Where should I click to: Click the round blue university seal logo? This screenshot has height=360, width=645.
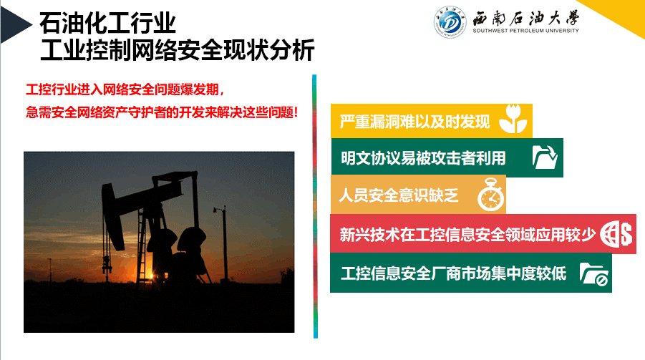click(450, 22)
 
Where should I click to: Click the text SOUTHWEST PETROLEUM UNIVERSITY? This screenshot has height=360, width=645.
click(525, 31)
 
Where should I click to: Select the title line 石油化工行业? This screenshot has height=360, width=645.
click(107, 23)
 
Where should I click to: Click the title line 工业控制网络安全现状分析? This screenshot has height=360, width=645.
click(178, 50)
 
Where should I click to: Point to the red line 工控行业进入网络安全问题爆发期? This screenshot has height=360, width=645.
click(125, 89)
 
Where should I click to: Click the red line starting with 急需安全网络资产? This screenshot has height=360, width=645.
click(162, 112)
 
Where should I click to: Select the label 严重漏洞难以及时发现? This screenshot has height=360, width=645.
click(415, 122)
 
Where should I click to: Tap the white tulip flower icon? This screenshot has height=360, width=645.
click(513, 119)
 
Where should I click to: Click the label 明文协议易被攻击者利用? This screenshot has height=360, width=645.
click(423, 158)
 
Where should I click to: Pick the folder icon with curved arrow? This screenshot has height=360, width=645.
click(545, 157)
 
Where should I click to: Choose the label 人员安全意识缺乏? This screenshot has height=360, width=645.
click(399, 195)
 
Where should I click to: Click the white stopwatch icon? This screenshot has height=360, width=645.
click(491, 195)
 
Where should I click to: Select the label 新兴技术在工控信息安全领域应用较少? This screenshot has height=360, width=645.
click(467, 235)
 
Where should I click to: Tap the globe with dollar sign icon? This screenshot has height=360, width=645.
click(616, 234)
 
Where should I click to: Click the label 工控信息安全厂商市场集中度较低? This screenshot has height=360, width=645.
click(453, 273)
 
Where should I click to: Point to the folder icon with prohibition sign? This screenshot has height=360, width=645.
click(594, 274)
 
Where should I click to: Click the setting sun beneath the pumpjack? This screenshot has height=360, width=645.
click(150, 275)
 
